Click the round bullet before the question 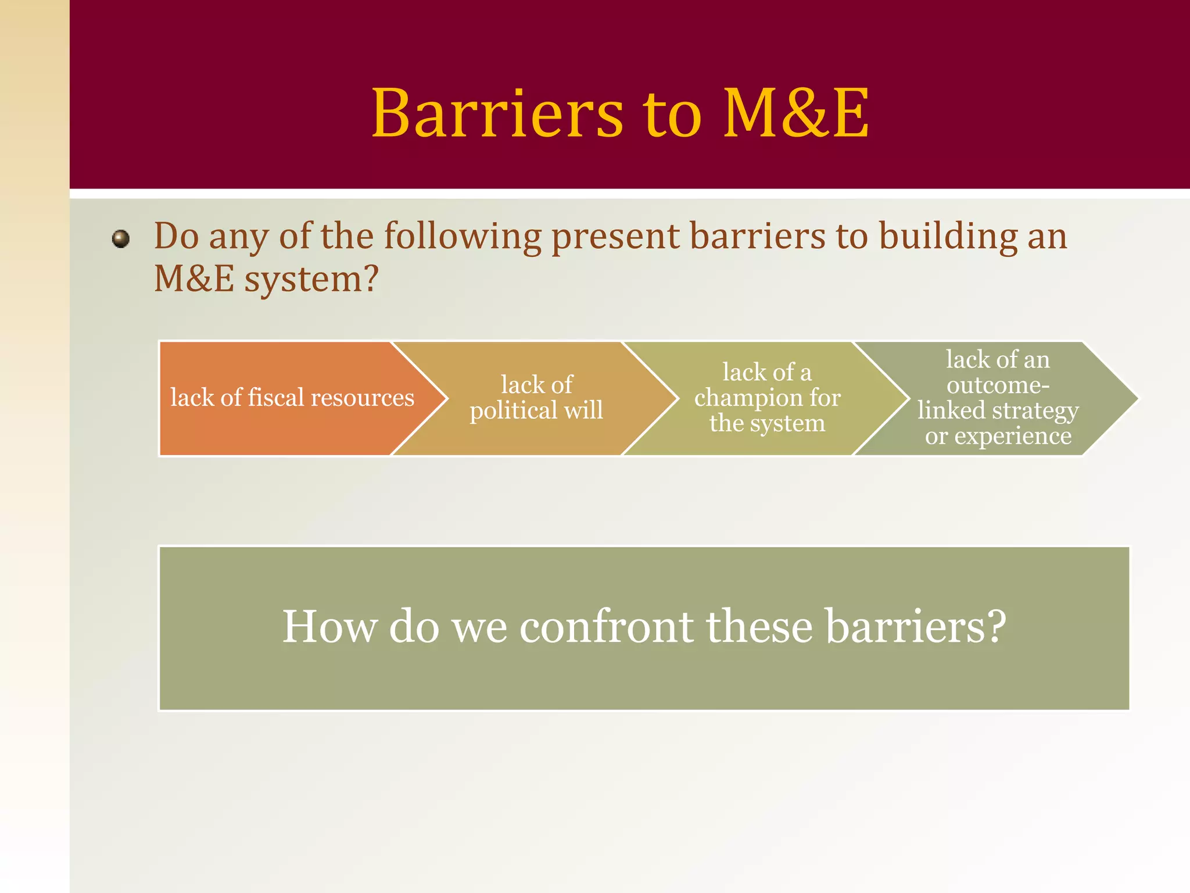[x=121, y=239]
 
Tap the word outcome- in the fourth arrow [x=998, y=385]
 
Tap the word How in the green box [x=329, y=627]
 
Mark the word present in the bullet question [x=615, y=237]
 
